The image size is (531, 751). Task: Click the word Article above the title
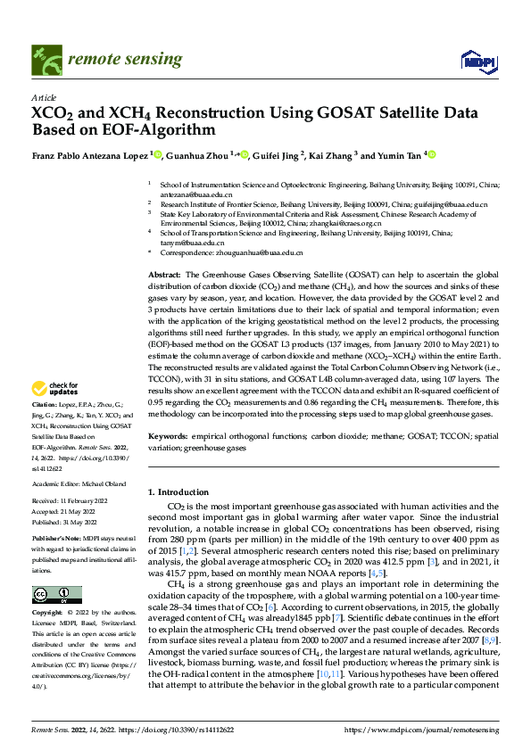click(44, 97)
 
